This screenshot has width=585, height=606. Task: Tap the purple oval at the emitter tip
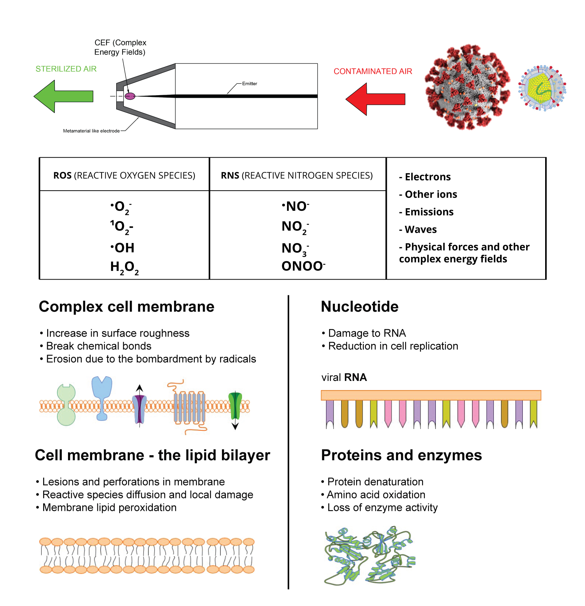click(x=130, y=96)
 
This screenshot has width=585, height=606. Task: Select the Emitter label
click(x=249, y=84)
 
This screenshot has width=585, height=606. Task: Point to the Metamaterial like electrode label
click(x=91, y=131)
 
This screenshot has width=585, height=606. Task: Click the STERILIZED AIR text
click(x=66, y=69)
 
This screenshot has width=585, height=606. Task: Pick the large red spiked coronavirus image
click(x=467, y=87)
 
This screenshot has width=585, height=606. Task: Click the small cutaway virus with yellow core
click(x=542, y=88)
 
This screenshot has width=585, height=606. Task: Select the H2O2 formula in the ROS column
click(x=124, y=268)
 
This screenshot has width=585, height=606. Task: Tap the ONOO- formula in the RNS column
click(x=303, y=266)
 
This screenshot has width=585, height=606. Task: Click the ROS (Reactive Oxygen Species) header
click(x=124, y=176)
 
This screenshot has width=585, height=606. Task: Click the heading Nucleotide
click(x=359, y=307)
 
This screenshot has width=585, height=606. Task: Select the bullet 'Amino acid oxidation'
click(x=376, y=495)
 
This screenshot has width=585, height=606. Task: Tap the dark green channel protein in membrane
click(x=235, y=405)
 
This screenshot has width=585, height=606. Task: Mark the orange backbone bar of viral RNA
click(x=431, y=395)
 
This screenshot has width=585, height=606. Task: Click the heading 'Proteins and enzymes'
click(x=401, y=455)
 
